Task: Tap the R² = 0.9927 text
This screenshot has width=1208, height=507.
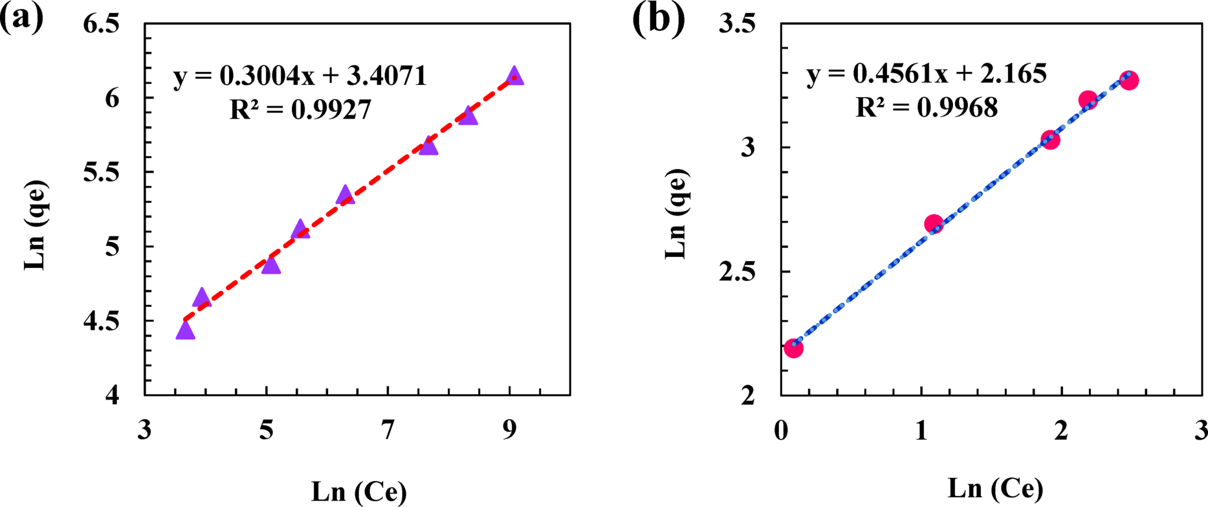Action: pyautogui.click(x=301, y=110)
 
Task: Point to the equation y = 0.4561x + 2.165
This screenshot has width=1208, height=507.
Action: pyautogui.click(x=926, y=74)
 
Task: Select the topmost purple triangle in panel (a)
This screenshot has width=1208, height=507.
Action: pyautogui.click(x=514, y=75)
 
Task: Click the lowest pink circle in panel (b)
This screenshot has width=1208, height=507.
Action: pyautogui.click(x=793, y=348)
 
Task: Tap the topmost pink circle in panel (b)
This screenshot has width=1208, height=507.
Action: pyautogui.click(x=1129, y=80)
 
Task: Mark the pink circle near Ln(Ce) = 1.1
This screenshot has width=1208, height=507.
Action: pyautogui.click(x=933, y=224)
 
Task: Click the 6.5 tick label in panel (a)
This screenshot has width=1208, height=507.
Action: pyautogui.click(x=102, y=25)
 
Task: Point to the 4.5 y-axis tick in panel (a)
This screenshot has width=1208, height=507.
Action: pyautogui.click(x=102, y=321)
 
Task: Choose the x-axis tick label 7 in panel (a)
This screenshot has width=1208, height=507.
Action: pyautogui.click(x=388, y=430)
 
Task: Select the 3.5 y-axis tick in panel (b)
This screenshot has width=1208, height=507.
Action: pyautogui.click(x=738, y=25)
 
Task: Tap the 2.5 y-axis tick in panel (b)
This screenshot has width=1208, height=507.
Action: pyautogui.click(x=738, y=271)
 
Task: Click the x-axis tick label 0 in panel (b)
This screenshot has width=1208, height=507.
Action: pyautogui.click(x=781, y=430)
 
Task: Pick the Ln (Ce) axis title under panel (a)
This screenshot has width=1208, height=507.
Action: pyautogui.click(x=359, y=492)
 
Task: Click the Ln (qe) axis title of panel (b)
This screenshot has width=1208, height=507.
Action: pyautogui.click(x=675, y=214)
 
